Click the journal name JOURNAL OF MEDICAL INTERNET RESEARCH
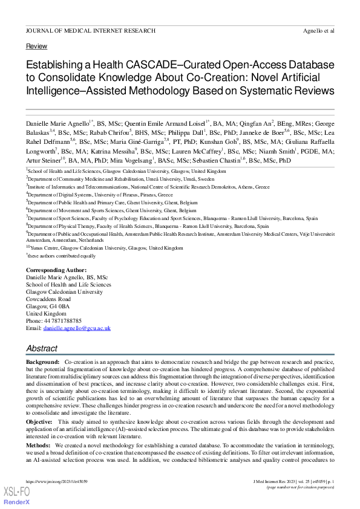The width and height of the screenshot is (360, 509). tap(91, 30)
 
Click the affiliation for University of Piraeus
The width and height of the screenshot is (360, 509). tap(100, 195)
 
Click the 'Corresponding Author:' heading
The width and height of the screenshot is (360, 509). tap(56, 270)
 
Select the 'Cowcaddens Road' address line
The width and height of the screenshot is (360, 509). tap(48, 299)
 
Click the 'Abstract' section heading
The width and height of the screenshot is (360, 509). tap(42, 348)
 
